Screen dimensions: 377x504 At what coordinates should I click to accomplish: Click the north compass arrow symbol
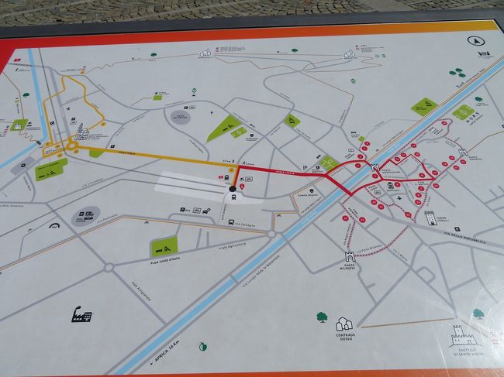tap(471, 40)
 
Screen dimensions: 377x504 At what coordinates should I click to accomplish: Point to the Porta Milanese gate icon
tap(349, 256)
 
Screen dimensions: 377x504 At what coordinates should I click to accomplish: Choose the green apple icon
tap(204, 345)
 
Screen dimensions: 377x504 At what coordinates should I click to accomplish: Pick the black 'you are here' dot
tap(233, 189)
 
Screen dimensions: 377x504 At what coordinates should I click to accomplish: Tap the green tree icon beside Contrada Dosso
tap(322, 316)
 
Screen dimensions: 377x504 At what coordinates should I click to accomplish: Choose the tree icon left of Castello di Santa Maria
tap(478, 314)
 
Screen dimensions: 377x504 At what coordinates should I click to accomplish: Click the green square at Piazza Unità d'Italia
tap(164, 246)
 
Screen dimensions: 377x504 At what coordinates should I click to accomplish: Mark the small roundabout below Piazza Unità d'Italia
tap(109, 268)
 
